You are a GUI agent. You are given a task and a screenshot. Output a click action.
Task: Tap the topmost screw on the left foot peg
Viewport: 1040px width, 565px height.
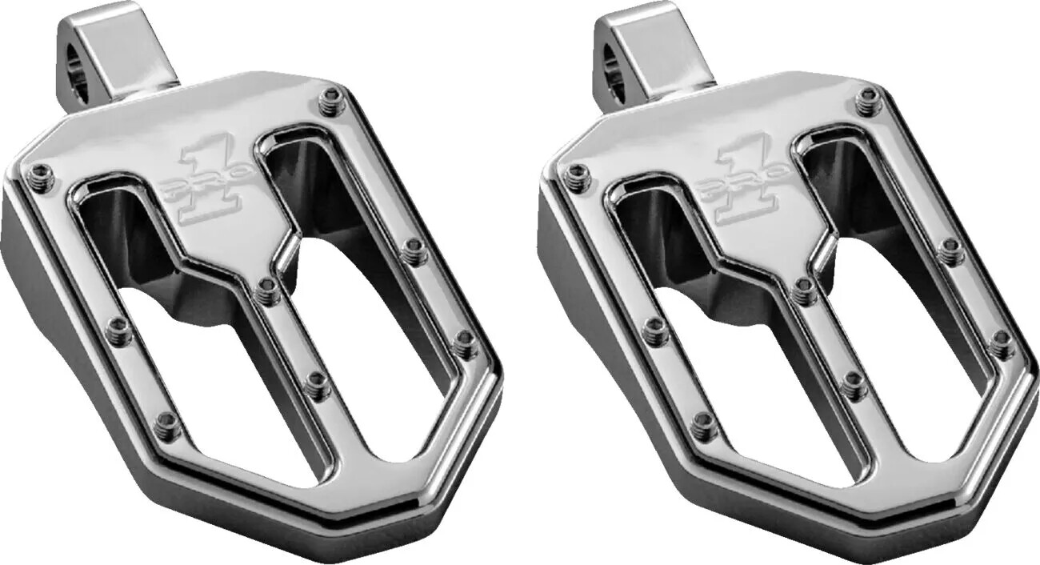pyautogui.click(x=330, y=101)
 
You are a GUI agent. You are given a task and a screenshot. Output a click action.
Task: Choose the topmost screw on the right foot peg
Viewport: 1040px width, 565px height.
pyautogui.click(x=866, y=101)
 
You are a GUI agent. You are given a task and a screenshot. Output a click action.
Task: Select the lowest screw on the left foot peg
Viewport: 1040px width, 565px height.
pyautogui.click(x=167, y=425)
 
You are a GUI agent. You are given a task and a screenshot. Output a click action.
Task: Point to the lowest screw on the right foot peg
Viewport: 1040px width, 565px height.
pyautogui.click(x=704, y=425)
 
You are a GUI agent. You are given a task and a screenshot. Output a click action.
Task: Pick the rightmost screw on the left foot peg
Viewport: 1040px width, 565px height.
pyautogui.click(x=466, y=343)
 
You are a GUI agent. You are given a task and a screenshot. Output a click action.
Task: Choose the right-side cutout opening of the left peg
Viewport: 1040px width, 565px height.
pyautogui.click(x=368, y=320)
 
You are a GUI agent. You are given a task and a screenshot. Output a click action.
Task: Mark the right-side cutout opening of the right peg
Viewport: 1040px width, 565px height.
pyautogui.click(x=904, y=320)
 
